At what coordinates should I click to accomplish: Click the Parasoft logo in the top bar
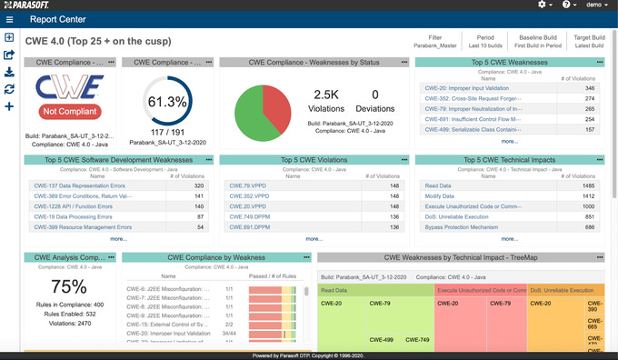[x=34, y=5]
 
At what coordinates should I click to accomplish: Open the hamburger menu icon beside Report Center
[x=9, y=18]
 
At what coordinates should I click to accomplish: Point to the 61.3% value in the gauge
[x=167, y=101]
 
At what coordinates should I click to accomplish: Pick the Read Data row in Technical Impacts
[x=438, y=185]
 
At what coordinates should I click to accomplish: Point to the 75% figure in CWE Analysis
[x=69, y=286]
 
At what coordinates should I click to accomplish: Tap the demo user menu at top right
[x=594, y=5]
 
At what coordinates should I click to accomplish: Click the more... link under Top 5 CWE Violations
[x=314, y=238]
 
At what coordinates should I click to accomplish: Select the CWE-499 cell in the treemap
[x=382, y=340]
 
